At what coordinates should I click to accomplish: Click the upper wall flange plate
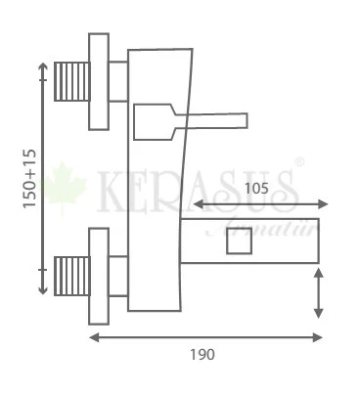(x=98, y=82)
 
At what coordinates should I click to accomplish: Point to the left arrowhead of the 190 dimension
(x=93, y=337)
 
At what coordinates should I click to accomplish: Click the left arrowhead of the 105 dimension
(x=196, y=204)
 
